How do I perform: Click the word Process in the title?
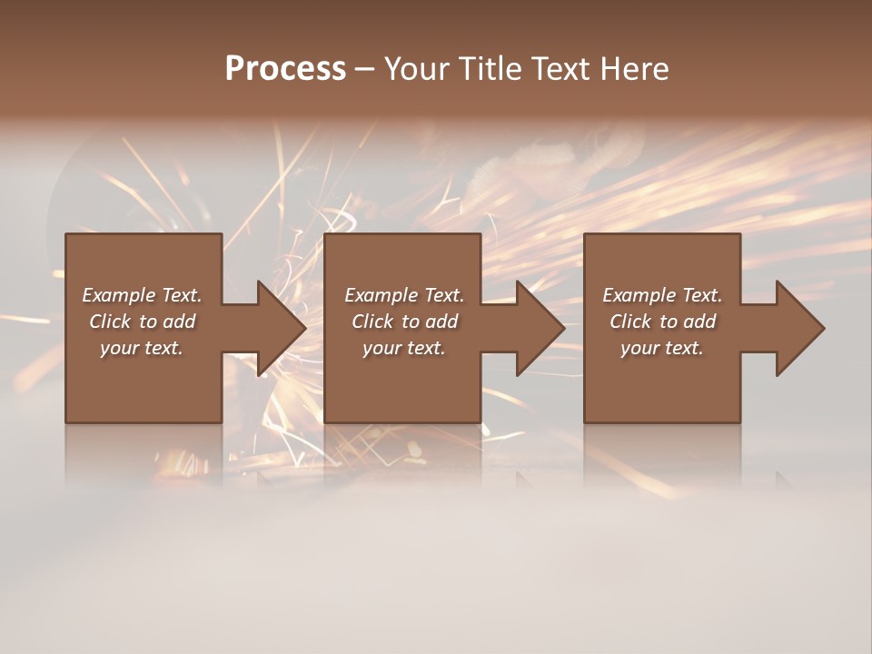[285, 69]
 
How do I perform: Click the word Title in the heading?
[489, 69]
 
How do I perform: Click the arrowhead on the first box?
[280, 328]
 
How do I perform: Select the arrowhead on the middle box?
[539, 328]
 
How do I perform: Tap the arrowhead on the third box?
[798, 328]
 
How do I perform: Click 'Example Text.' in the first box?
[142, 295]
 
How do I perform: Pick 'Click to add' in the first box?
[142, 322]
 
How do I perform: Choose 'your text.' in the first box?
[142, 348]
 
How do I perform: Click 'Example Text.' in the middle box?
[404, 295]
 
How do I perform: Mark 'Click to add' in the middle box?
[404, 322]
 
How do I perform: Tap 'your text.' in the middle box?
[404, 348]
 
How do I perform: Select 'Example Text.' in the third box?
[662, 295]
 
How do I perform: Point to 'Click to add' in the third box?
[662, 322]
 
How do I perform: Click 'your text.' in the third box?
[662, 348]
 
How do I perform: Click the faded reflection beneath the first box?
[144, 454]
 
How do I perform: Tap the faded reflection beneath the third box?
[662, 454]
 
